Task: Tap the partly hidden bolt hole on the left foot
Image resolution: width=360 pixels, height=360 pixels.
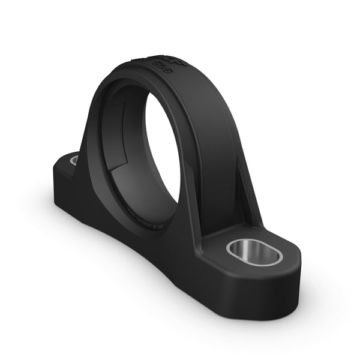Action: [x=74, y=160]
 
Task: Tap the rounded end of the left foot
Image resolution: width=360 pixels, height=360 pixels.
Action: [x=60, y=168]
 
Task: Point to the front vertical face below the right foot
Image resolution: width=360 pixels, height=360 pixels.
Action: [x=240, y=300]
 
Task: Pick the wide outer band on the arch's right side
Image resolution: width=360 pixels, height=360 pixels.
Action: [x=210, y=138]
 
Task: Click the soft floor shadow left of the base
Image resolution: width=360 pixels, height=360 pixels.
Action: [x=36, y=198]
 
